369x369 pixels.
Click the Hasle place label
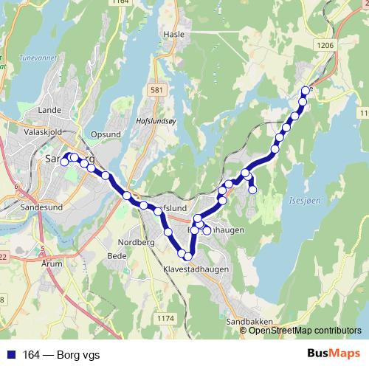point(173,35)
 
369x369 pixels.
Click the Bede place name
point(117,256)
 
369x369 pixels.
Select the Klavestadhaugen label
point(196,270)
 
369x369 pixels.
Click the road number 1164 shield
point(120,3)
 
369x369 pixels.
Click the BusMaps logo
point(328,354)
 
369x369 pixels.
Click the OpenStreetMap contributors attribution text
point(305,330)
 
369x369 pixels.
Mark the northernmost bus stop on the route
point(306,91)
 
